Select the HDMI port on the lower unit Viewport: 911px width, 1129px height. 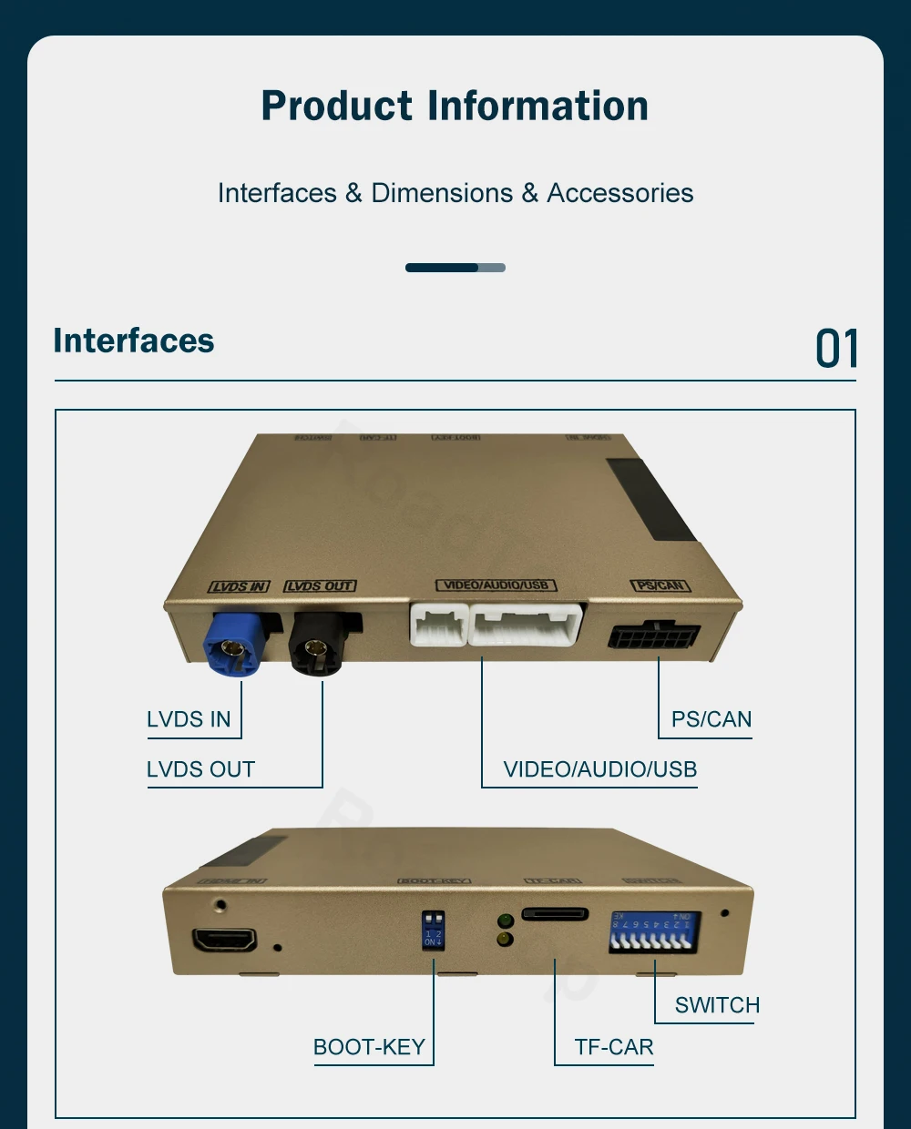pyautogui.click(x=224, y=940)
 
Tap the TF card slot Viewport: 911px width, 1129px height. pyautogui.click(x=555, y=914)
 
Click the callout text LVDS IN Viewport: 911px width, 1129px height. pyautogui.click(x=189, y=719)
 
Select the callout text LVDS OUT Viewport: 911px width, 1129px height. pyautogui.click(x=200, y=769)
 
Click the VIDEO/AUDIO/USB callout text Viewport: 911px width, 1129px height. pyautogui.click(x=599, y=769)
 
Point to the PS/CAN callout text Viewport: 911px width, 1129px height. pyautogui.click(x=711, y=719)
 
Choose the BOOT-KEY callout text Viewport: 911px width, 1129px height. pyautogui.click(x=369, y=1047)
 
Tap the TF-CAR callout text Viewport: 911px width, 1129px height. pyautogui.click(x=613, y=1047)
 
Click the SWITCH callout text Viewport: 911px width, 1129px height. pyautogui.click(x=717, y=1005)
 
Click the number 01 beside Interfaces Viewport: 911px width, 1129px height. pyautogui.click(x=836, y=349)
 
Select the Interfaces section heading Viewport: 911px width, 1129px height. pyautogui.click(x=134, y=341)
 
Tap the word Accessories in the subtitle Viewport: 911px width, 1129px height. pyautogui.click(x=619, y=193)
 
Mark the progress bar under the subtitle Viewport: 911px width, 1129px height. pyautogui.click(x=455, y=268)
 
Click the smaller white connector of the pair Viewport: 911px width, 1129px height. pyautogui.click(x=438, y=626)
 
